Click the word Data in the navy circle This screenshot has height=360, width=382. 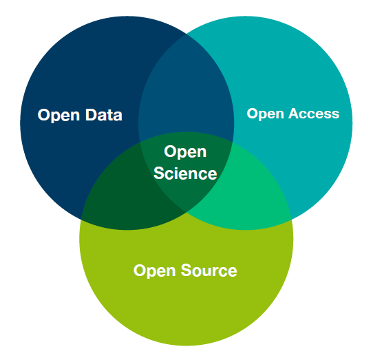pyautogui.click(x=104, y=115)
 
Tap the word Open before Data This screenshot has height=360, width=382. pyautogui.click(x=59, y=116)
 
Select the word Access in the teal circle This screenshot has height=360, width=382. pyautogui.click(x=314, y=114)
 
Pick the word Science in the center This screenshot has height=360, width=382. pyautogui.click(x=185, y=173)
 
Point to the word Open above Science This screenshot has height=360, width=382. pyautogui.click(x=185, y=152)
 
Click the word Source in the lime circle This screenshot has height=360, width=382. pyautogui.click(x=209, y=271)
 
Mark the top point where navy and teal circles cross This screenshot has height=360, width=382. pyautogui.click(x=187, y=34)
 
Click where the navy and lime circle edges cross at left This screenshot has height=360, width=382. pyautogui.click(x=81, y=218)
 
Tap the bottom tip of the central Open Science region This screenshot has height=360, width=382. pyautogui.click(x=187, y=213)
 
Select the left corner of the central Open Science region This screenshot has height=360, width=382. pyautogui.click(x=140, y=142)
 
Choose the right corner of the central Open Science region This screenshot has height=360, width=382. pyautogui.click(x=233, y=142)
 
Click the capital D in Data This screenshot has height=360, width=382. pyautogui.click(x=92, y=115)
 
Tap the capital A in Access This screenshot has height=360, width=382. pyautogui.click(x=295, y=114)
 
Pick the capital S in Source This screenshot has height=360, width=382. pyautogui.click(x=187, y=271)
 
